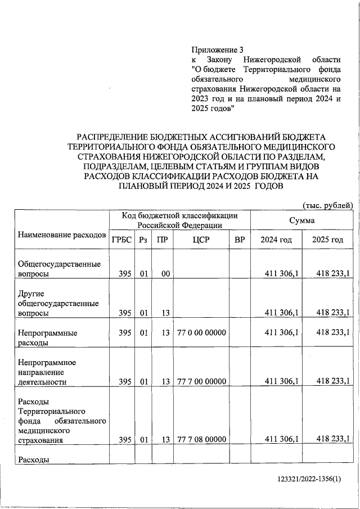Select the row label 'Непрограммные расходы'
pos(47,337)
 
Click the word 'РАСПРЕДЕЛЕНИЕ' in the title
pos(112,137)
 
